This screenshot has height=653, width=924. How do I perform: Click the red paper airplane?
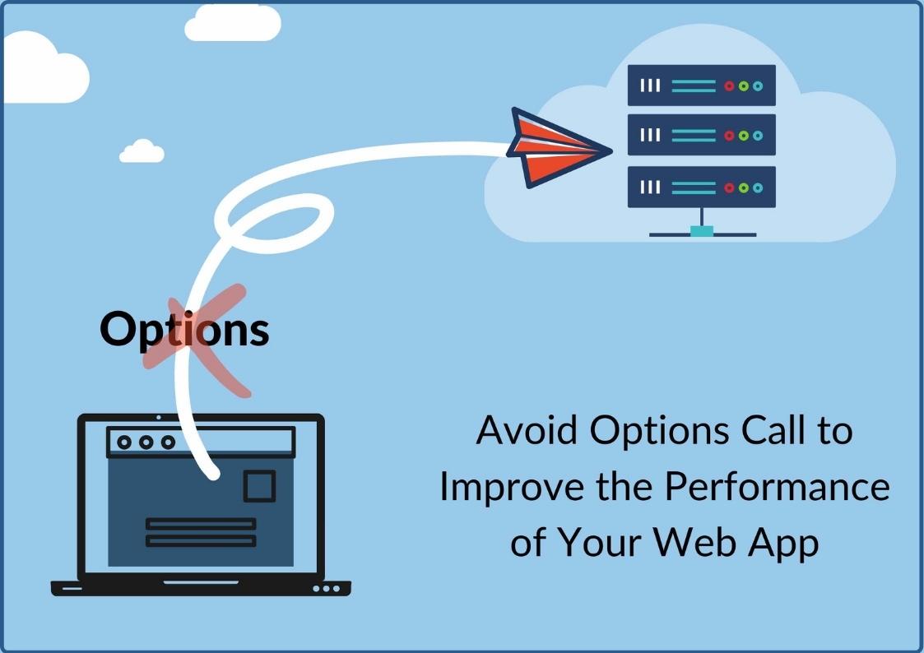coord(553,148)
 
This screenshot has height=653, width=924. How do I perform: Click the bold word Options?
coord(184,329)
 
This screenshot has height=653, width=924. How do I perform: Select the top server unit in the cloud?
coord(701,86)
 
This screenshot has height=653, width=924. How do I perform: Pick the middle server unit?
coord(701,136)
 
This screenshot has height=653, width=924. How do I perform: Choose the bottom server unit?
coord(701,188)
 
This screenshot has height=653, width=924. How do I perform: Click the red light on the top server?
coord(729,86)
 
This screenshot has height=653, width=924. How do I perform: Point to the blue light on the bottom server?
coord(757,188)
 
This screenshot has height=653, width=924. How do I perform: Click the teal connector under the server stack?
coord(701,232)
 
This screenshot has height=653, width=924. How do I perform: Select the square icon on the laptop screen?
coord(259,485)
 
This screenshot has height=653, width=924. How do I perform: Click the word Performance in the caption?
coord(777,487)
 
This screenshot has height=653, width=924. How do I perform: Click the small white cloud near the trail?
coord(142,151)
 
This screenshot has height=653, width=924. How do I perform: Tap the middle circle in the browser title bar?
coord(146,442)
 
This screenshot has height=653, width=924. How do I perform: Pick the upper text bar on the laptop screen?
coord(201,523)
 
